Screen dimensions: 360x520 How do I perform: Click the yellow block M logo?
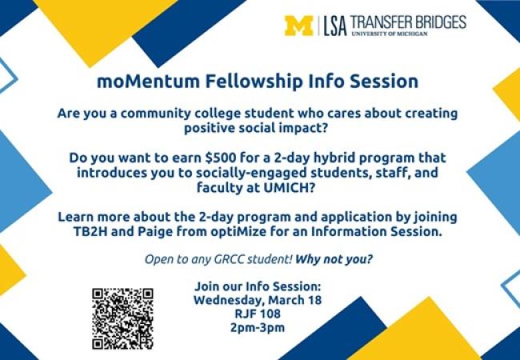pos(299,26)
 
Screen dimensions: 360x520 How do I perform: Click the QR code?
pos(122,318)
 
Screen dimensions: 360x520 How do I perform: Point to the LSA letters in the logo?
pos(336,26)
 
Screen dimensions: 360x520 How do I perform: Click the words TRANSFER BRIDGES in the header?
pos(408,22)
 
